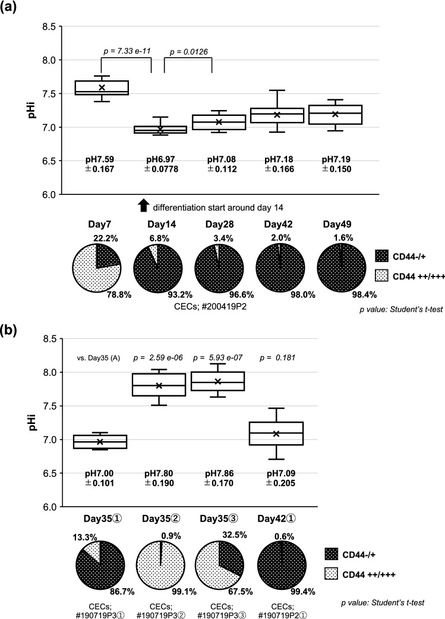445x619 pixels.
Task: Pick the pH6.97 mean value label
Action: pos(159,160)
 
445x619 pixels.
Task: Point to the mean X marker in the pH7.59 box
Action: pos(102,87)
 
